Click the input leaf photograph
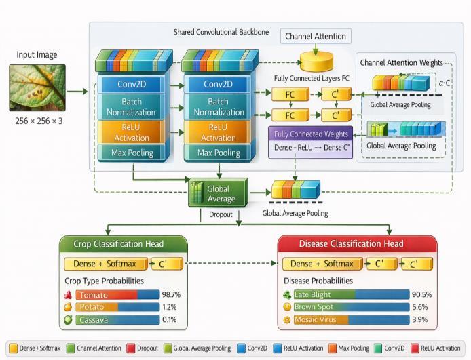[37, 87]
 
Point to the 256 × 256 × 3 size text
[37, 121]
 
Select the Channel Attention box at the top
[315, 36]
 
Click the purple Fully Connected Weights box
[311, 134]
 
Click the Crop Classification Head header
[119, 243]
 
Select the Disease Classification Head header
[351, 243]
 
